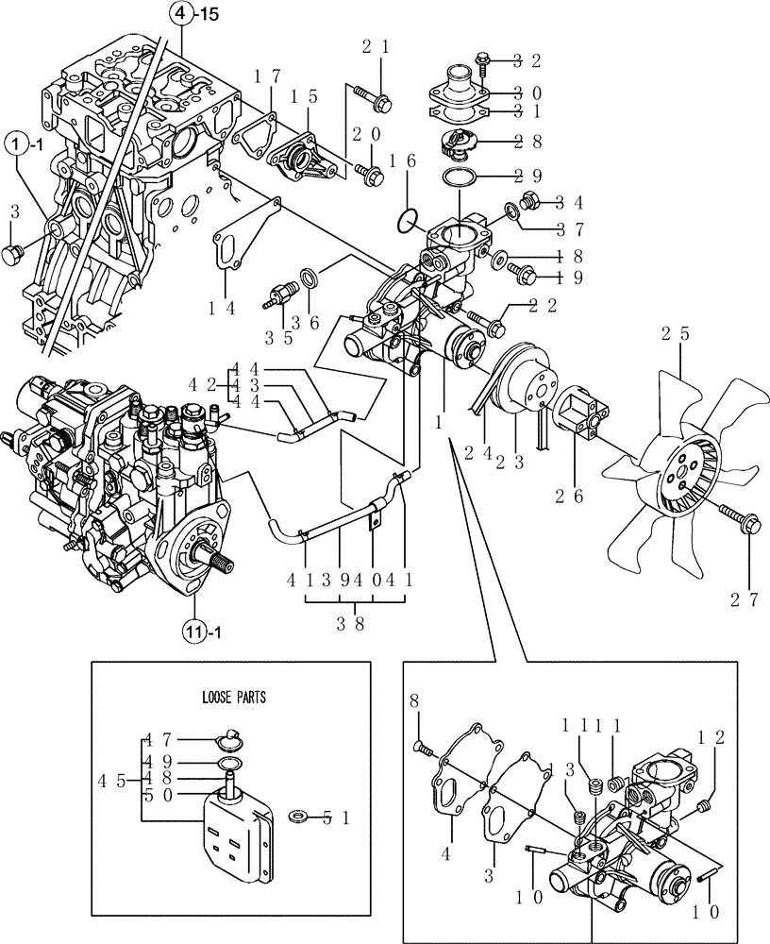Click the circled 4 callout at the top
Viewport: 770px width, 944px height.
178,14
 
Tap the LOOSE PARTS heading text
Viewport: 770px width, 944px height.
235,699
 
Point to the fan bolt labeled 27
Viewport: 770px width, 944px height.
735,518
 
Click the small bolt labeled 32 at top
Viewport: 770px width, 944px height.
485,60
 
